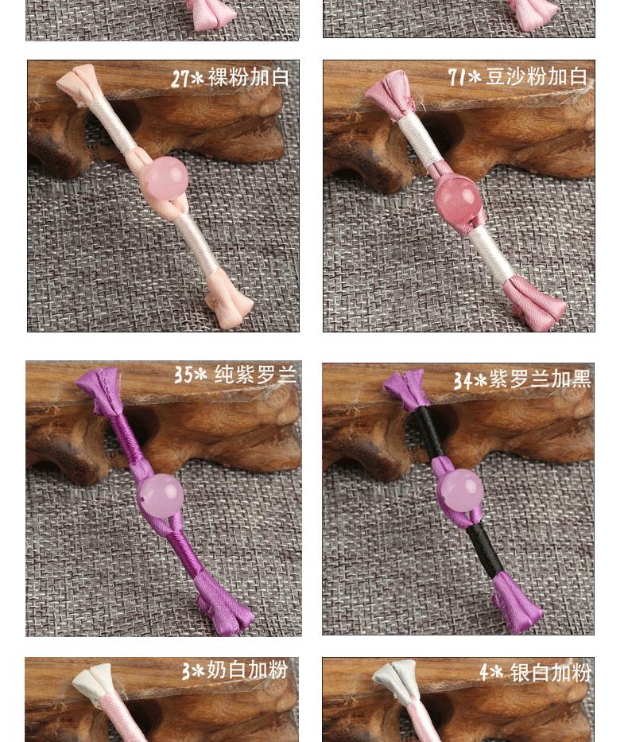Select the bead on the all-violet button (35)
click(161, 495)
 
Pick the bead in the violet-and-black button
click(460, 491)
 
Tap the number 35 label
click(183, 375)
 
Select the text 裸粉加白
click(248, 77)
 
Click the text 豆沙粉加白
click(537, 76)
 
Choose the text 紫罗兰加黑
click(539, 379)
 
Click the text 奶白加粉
click(247, 670)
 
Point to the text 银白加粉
click(550, 673)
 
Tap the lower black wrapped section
click(484, 550)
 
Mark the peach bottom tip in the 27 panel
click(229, 300)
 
